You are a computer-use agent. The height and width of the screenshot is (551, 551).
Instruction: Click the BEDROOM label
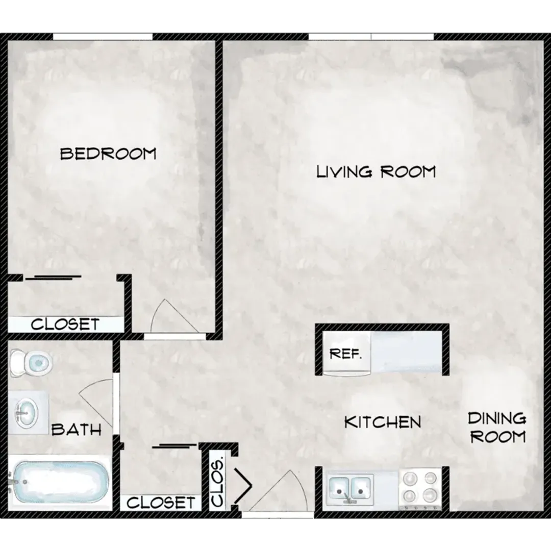(108, 154)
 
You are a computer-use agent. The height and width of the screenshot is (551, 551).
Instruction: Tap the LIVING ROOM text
(376, 171)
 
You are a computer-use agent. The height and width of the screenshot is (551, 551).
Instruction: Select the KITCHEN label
(383, 422)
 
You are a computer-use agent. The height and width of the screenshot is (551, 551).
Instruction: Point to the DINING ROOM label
(497, 428)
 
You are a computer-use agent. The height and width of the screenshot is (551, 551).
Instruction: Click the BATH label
(77, 430)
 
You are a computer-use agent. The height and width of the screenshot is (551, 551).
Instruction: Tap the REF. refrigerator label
(345, 354)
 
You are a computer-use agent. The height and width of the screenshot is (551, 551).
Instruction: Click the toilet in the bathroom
(32, 363)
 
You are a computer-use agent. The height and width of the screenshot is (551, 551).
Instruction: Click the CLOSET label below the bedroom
(65, 324)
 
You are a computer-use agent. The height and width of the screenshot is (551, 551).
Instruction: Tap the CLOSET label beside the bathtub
(161, 503)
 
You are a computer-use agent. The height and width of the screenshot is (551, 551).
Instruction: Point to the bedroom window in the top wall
(103, 36)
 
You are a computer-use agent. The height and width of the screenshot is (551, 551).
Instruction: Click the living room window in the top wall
(371, 36)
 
